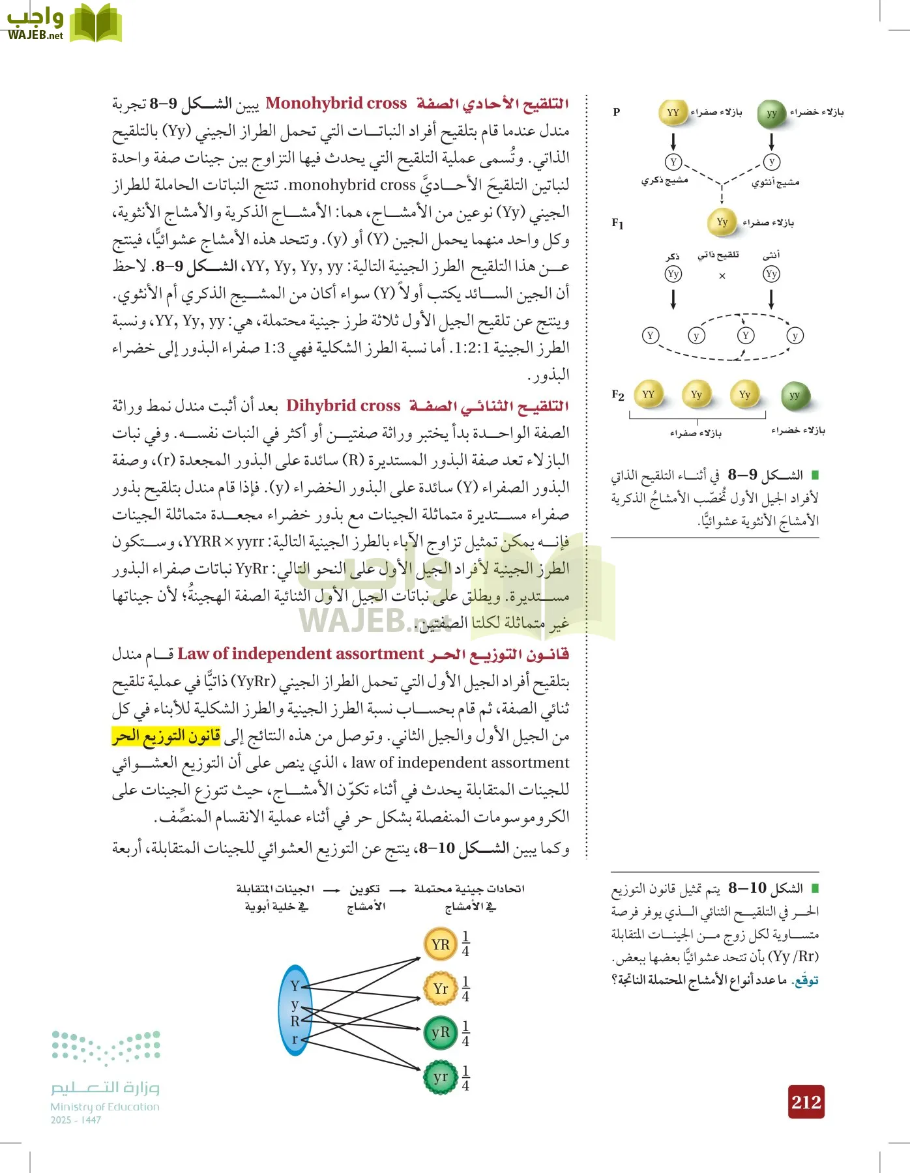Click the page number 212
click(x=806, y=1101)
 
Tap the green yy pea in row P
click(x=771, y=113)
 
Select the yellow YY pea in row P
click(x=673, y=113)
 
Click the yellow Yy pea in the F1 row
click(x=722, y=222)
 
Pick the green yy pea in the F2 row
click(x=794, y=395)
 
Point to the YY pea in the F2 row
click(x=648, y=394)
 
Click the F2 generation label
click(x=618, y=395)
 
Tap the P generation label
click(x=617, y=112)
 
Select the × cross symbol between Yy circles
click(x=722, y=276)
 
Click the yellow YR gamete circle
click(x=441, y=944)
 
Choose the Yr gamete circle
click(x=441, y=989)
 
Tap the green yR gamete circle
click(x=441, y=1032)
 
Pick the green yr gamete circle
click(x=441, y=1077)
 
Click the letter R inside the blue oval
click(x=295, y=1021)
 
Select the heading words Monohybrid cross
click(x=336, y=103)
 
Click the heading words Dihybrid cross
click(x=344, y=405)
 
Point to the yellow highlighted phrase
click(x=166, y=736)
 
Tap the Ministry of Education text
click(x=105, y=1107)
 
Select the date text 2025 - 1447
click(x=76, y=1120)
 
